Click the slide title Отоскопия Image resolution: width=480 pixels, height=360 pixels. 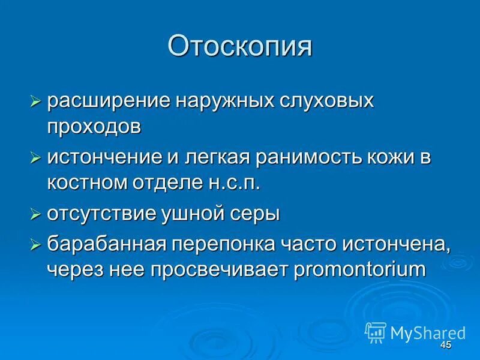tap(240, 47)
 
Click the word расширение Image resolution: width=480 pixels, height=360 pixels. tap(108, 100)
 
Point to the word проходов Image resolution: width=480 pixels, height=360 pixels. tap(95, 127)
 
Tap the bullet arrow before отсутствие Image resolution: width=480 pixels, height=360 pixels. tap(35, 214)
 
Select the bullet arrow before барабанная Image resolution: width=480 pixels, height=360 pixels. tap(35, 243)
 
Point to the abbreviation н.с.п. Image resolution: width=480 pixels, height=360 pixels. tap(237, 184)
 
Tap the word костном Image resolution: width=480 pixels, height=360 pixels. tap(85, 184)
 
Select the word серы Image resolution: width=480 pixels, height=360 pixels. tap(259, 214)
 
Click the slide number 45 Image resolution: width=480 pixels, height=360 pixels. tap(445, 346)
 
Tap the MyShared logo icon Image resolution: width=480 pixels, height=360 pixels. tap(376, 332)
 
